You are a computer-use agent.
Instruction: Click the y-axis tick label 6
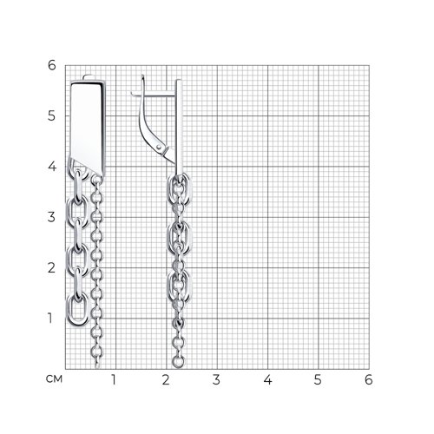pos(51,65)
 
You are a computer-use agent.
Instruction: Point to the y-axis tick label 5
pos(51,116)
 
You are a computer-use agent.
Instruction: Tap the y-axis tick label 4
pos(51,167)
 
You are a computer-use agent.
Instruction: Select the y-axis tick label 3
pos(51,217)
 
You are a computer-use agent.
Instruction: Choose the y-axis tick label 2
pos(51,268)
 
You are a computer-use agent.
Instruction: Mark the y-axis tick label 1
pos(50,319)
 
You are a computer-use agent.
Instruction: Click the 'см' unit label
pos(54,379)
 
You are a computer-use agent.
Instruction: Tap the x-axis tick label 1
pos(114,380)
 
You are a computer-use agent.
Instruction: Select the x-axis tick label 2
pos(166,380)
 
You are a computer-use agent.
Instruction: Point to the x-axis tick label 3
pos(216,380)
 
